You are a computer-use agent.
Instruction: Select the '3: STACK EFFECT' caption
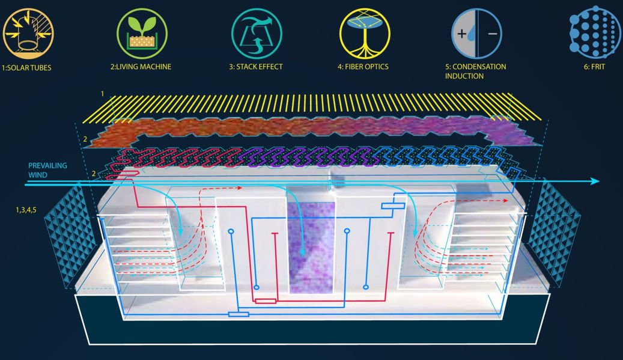[255, 67]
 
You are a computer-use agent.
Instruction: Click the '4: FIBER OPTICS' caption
[365, 67]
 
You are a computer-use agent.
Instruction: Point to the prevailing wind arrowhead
[595, 181]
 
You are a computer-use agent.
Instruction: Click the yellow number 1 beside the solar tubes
[103, 94]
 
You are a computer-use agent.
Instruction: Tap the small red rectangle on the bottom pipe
[265, 301]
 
